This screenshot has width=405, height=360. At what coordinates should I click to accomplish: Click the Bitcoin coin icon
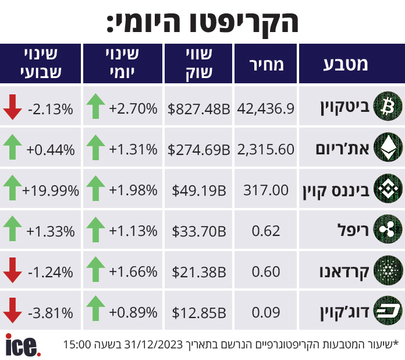click(388, 106)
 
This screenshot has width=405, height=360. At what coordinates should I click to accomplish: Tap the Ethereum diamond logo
click(388, 147)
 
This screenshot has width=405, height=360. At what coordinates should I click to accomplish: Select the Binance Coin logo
click(388, 188)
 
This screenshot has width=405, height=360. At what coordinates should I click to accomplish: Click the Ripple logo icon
click(388, 229)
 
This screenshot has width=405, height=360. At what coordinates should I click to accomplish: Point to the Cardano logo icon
click(388, 270)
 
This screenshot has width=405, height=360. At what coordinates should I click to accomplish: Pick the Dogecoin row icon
click(388, 310)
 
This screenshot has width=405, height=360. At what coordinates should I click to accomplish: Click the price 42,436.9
click(265, 108)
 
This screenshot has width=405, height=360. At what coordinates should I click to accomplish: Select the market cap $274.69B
click(198, 150)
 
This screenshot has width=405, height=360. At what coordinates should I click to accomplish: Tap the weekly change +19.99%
click(51, 190)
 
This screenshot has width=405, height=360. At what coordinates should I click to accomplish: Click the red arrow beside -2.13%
click(12, 107)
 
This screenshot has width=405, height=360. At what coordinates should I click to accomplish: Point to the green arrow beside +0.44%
click(12, 147)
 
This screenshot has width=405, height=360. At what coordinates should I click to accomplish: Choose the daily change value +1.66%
click(133, 272)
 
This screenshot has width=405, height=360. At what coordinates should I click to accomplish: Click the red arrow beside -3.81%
click(12, 310)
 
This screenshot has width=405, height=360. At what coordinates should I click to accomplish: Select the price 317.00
click(266, 190)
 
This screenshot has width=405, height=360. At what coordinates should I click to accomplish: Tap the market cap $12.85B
click(199, 313)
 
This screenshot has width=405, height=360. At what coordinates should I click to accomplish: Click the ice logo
click(23, 345)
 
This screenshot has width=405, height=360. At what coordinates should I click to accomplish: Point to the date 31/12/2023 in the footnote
click(154, 344)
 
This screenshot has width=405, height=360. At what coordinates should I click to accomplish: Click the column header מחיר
click(267, 65)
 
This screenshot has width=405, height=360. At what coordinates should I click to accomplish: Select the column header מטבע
click(346, 65)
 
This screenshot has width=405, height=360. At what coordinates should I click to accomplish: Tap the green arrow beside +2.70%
click(95, 106)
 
